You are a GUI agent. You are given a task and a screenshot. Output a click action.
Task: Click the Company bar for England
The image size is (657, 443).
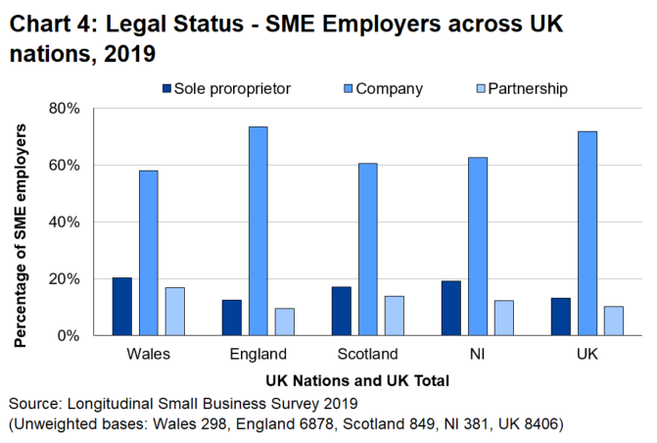[x=258, y=231]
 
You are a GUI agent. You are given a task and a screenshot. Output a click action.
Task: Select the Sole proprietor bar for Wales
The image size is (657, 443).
[x=122, y=306]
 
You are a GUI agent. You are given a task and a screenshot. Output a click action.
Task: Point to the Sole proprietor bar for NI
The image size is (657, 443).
[x=451, y=308]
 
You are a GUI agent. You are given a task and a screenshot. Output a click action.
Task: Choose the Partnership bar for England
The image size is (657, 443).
[x=284, y=321]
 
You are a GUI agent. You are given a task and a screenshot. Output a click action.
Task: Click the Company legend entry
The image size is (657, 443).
[x=389, y=88]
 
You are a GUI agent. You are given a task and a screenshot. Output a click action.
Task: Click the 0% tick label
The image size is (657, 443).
[x=76, y=335]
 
